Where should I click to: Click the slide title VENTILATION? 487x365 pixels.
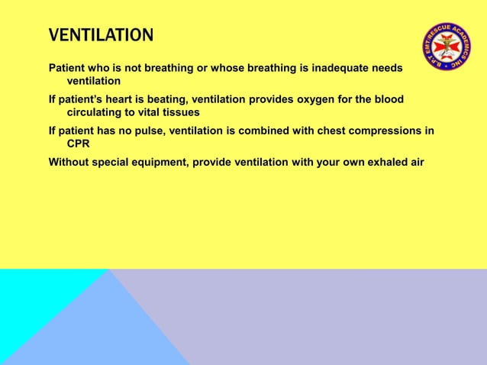pyautogui.click(x=101, y=36)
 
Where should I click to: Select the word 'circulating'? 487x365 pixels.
pyautogui.click(x=97, y=111)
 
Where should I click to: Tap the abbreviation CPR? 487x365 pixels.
pyautogui.click(x=79, y=143)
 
